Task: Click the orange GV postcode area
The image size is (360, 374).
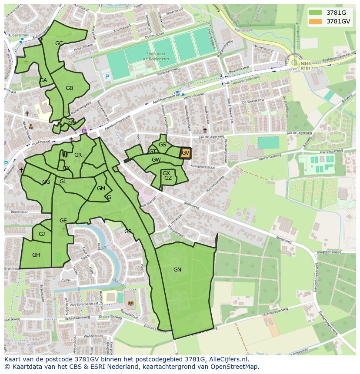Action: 186,153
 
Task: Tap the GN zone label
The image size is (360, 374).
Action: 177,270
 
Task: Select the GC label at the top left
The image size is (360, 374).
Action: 59,43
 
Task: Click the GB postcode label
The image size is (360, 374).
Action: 69,88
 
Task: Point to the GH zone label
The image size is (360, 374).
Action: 36,255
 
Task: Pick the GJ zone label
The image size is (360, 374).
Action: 42,234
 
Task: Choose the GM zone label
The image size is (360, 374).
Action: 101,189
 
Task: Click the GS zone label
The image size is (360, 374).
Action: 162,145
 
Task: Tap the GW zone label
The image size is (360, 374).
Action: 156,160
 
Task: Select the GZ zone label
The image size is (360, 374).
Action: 168,178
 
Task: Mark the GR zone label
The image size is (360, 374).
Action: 78,155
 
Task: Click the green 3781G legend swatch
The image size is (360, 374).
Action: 316,13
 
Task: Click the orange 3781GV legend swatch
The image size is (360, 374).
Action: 316,21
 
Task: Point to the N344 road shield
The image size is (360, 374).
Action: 306,63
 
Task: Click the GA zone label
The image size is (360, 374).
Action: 43,80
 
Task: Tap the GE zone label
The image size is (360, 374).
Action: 63,221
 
